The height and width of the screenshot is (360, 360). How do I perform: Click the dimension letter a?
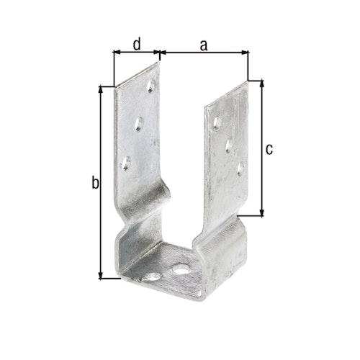point(203,45)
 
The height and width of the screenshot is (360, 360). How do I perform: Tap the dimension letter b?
point(94,184)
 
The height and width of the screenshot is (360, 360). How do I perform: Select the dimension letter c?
point(269,149)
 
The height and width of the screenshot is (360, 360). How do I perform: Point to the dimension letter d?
point(136,45)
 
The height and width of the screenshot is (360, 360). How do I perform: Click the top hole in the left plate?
point(151,86)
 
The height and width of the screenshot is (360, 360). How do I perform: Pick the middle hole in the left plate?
point(139,124)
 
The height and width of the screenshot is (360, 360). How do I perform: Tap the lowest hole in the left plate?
point(125,163)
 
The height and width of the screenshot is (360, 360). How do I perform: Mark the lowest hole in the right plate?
point(241,170)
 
